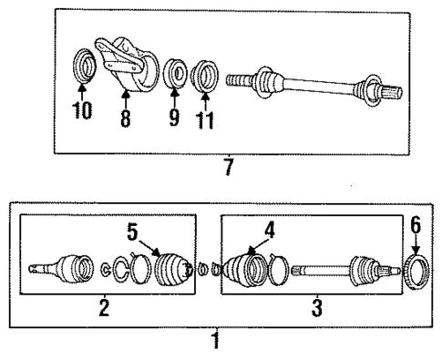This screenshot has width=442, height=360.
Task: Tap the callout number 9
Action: (x=172, y=117)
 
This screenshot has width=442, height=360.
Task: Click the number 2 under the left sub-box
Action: (x=104, y=308)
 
